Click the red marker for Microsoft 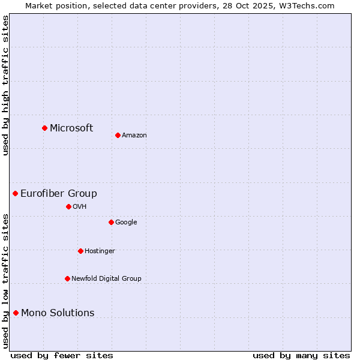click(44, 128)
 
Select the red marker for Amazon click(118, 135)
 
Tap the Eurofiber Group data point click(15, 193)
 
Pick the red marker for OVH click(68, 206)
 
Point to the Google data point click(111, 222)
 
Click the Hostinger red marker click(80, 251)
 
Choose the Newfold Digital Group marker click(67, 278)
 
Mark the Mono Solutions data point click(16, 313)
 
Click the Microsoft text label click(71, 128)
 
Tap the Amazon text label click(134, 136)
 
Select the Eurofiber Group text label click(59, 193)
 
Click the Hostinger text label click(100, 251)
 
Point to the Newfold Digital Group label click(106, 278)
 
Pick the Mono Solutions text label click(58, 313)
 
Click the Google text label click(126, 222)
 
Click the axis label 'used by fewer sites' click(62, 355)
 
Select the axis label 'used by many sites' click(301, 355)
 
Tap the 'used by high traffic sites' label click(5, 85)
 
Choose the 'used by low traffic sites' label click(5, 280)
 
